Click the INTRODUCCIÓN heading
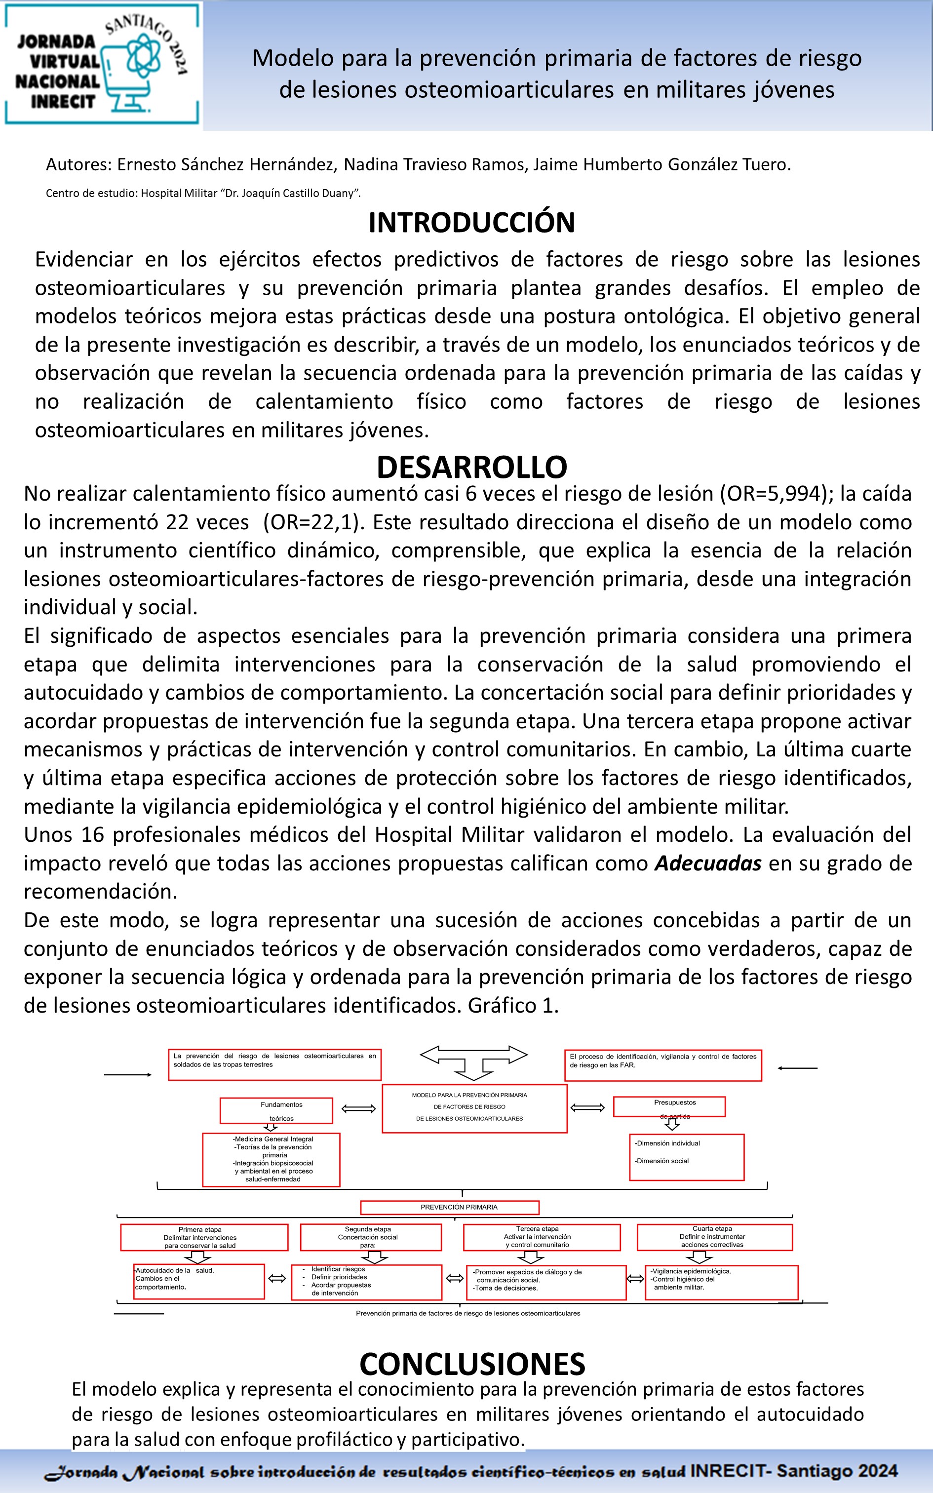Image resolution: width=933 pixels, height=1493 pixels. point(471,223)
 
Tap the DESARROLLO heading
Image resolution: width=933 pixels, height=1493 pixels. point(471,467)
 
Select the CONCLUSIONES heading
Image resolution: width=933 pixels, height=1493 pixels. point(472,1364)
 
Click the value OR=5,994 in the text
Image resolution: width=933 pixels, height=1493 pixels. point(776,494)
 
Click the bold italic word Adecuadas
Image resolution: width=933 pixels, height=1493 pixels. point(708,863)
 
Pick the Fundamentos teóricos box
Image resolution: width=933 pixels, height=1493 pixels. point(276,1110)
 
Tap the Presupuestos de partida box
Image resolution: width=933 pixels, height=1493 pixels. point(669,1107)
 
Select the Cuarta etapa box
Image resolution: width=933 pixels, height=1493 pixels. point(714,1237)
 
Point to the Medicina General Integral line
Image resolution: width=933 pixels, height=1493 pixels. point(272,1139)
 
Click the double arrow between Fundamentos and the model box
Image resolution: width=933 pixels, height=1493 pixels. point(358,1109)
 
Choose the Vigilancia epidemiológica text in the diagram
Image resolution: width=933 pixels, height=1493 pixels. point(691,1271)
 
